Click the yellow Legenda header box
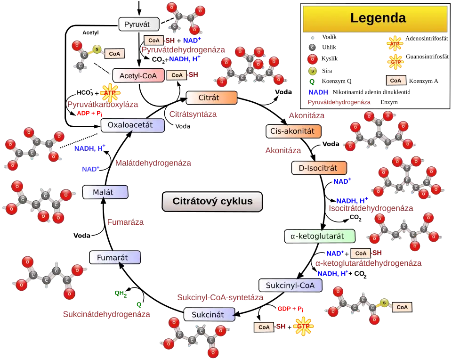click(x=374, y=18)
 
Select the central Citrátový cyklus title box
click(x=212, y=202)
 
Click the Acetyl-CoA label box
click(x=138, y=75)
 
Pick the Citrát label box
click(x=211, y=98)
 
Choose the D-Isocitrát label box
click(x=319, y=168)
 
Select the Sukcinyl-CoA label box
click(x=291, y=285)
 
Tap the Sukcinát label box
click(x=210, y=314)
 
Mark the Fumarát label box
click(x=115, y=257)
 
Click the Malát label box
click(x=105, y=192)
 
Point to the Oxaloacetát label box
click(x=133, y=125)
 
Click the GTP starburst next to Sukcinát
click(x=302, y=326)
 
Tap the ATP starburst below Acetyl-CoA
click(x=110, y=93)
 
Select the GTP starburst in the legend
click(x=394, y=62)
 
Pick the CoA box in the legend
click(x=396, y=81)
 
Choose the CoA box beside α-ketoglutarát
click(x=361, y=253)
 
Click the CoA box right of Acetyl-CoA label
click(x=177, y=75)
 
